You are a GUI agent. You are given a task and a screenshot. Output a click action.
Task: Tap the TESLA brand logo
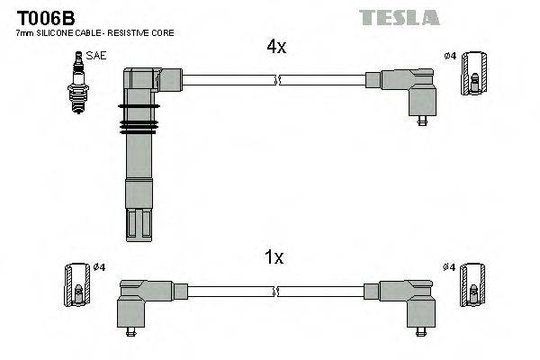(399, 17)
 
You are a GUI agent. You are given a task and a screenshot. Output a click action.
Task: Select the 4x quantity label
(275, 48)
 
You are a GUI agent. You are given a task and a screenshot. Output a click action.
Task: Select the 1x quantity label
(274, 257)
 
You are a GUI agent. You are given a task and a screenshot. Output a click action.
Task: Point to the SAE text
(96, 56)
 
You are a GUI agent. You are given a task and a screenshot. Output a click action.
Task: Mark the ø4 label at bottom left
(99, 267)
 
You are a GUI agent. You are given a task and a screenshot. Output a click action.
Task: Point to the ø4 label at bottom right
(449, 267)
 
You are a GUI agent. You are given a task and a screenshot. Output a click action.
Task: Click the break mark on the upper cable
(278, 80)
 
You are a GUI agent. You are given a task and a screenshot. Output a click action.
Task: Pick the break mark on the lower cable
(278, 290)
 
